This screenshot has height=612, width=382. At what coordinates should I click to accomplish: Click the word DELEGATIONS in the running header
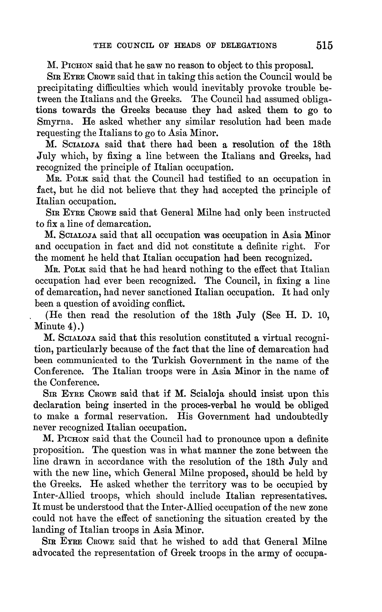click(x=249, y=46)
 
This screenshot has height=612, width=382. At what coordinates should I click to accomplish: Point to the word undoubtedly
click(x=302, y=417)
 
